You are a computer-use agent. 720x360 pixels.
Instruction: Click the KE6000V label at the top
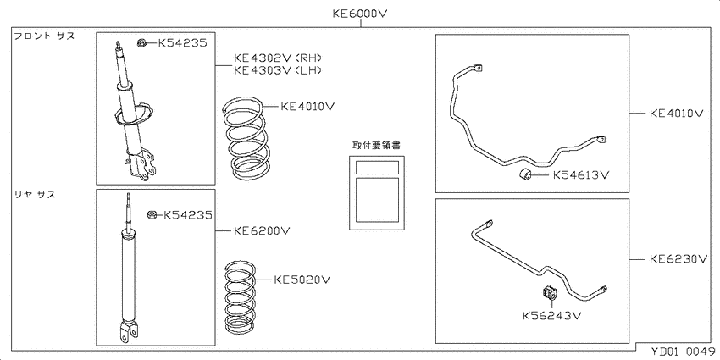point(361,14)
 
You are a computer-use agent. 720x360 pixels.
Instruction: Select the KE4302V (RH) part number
point(277,58)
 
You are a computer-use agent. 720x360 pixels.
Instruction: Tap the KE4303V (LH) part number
point(277,70)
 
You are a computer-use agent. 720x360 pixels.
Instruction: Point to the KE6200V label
point(262,230)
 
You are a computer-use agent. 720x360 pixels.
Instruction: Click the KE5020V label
point(302,280)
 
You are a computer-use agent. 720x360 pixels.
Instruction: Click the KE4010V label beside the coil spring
point(307,107)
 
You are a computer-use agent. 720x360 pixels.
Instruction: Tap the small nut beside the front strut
point(142,43)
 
